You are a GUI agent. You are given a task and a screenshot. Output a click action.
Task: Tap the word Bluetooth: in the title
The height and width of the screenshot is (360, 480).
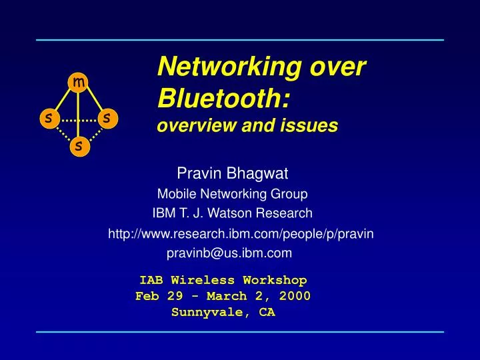click(x=223, y=98)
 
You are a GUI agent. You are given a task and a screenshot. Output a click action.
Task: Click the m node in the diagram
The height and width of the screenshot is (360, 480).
click(x=78, y=83)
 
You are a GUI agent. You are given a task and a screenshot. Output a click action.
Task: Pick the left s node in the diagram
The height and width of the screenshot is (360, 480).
click(x=48, y=118)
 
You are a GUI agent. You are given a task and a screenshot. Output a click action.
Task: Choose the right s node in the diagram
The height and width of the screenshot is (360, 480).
click(x=108, y=118)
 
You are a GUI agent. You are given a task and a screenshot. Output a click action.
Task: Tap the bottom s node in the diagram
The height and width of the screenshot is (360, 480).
click(x=78, y=145)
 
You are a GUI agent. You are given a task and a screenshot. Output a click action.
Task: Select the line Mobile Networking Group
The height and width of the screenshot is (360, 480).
click(x=232, y=194)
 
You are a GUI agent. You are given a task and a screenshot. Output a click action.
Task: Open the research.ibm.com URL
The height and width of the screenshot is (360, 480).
click(x=241, y=233)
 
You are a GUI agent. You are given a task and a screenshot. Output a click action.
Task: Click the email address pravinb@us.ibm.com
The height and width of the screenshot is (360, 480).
click(x=229, y=253)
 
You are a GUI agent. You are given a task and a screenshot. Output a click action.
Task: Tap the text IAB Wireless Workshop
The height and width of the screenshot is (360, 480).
click(x=223, y=280)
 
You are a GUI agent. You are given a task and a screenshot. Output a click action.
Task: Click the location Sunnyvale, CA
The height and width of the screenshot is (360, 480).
click(x=223, y=311)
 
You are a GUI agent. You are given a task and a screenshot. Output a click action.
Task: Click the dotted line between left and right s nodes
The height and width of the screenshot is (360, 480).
click(x=78, y=119)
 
